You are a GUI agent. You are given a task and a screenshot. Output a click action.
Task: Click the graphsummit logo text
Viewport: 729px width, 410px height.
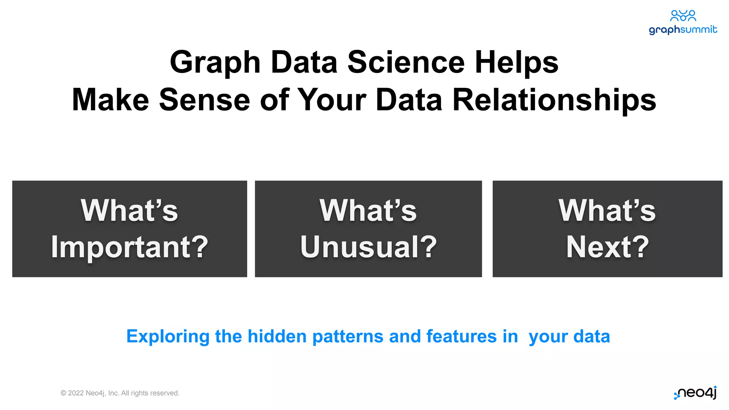683,30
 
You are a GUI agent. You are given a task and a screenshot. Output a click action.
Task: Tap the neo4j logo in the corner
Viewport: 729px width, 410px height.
696,393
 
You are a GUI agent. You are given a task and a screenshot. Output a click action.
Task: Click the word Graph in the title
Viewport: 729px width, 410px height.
215,62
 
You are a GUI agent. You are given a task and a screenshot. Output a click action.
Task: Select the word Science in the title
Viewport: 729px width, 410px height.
406,62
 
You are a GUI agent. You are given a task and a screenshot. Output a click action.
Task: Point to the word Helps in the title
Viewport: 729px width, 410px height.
516,62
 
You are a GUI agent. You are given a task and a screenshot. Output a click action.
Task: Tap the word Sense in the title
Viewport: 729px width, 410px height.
204,100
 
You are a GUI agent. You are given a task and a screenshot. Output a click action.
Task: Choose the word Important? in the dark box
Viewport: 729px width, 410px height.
130,247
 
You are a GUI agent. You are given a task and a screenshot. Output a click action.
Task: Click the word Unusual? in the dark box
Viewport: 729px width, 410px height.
368,247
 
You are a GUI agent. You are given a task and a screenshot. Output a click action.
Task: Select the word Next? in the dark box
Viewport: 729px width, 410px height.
608,247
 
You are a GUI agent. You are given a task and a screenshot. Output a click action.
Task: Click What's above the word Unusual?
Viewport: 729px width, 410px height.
368,210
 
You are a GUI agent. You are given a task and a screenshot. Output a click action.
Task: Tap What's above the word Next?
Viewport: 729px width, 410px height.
607,210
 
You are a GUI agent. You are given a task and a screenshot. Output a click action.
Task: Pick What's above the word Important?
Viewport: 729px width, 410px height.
129,210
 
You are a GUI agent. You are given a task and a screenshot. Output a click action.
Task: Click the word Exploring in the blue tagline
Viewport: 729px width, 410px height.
168,337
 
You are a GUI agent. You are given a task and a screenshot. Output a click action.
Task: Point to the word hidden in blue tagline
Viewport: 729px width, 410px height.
277,336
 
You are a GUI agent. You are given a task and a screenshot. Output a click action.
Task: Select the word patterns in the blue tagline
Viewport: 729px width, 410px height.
348,337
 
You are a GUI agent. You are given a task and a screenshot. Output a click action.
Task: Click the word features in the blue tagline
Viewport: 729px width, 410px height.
461,336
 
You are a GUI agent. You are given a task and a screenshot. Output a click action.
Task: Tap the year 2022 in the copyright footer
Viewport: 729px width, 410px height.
76,393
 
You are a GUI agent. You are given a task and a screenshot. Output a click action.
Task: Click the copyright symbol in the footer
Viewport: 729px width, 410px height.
63,393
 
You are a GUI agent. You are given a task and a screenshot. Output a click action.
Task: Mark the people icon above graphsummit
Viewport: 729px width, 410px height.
683,16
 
